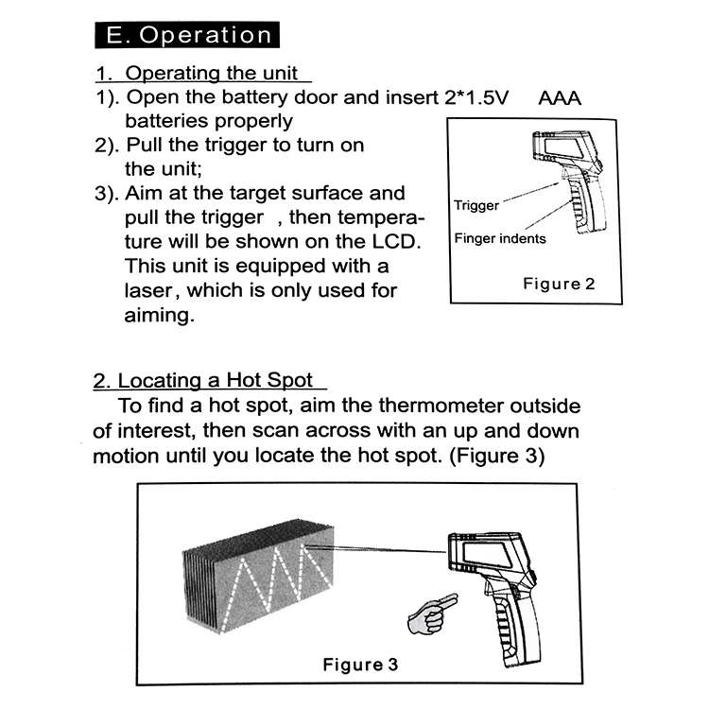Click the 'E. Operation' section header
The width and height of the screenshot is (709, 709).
(187, 35)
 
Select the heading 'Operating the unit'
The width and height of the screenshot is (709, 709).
(212, 73)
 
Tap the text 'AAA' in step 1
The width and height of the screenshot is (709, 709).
(560, 98)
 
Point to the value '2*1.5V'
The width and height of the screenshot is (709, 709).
(476, 97)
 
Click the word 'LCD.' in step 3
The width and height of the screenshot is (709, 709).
(396, 241)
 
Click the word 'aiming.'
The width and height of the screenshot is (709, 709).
(159, 315)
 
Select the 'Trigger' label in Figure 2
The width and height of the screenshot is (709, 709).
(476, 205)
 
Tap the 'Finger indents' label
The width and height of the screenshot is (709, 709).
(500, 238)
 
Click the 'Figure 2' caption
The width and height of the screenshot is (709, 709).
(559, 284)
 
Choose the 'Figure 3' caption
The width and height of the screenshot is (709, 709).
(360, 665)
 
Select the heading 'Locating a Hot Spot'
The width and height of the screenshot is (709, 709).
(216, 380)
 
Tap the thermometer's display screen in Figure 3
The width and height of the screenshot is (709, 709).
(485, 555)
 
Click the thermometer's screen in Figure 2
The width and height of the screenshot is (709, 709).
(562, 147)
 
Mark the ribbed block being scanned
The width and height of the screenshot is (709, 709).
(259, 576)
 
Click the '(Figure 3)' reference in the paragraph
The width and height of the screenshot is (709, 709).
(497, 456)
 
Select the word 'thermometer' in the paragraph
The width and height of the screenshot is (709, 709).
(441, 406)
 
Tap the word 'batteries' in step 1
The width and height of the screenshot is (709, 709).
(166, 121)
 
